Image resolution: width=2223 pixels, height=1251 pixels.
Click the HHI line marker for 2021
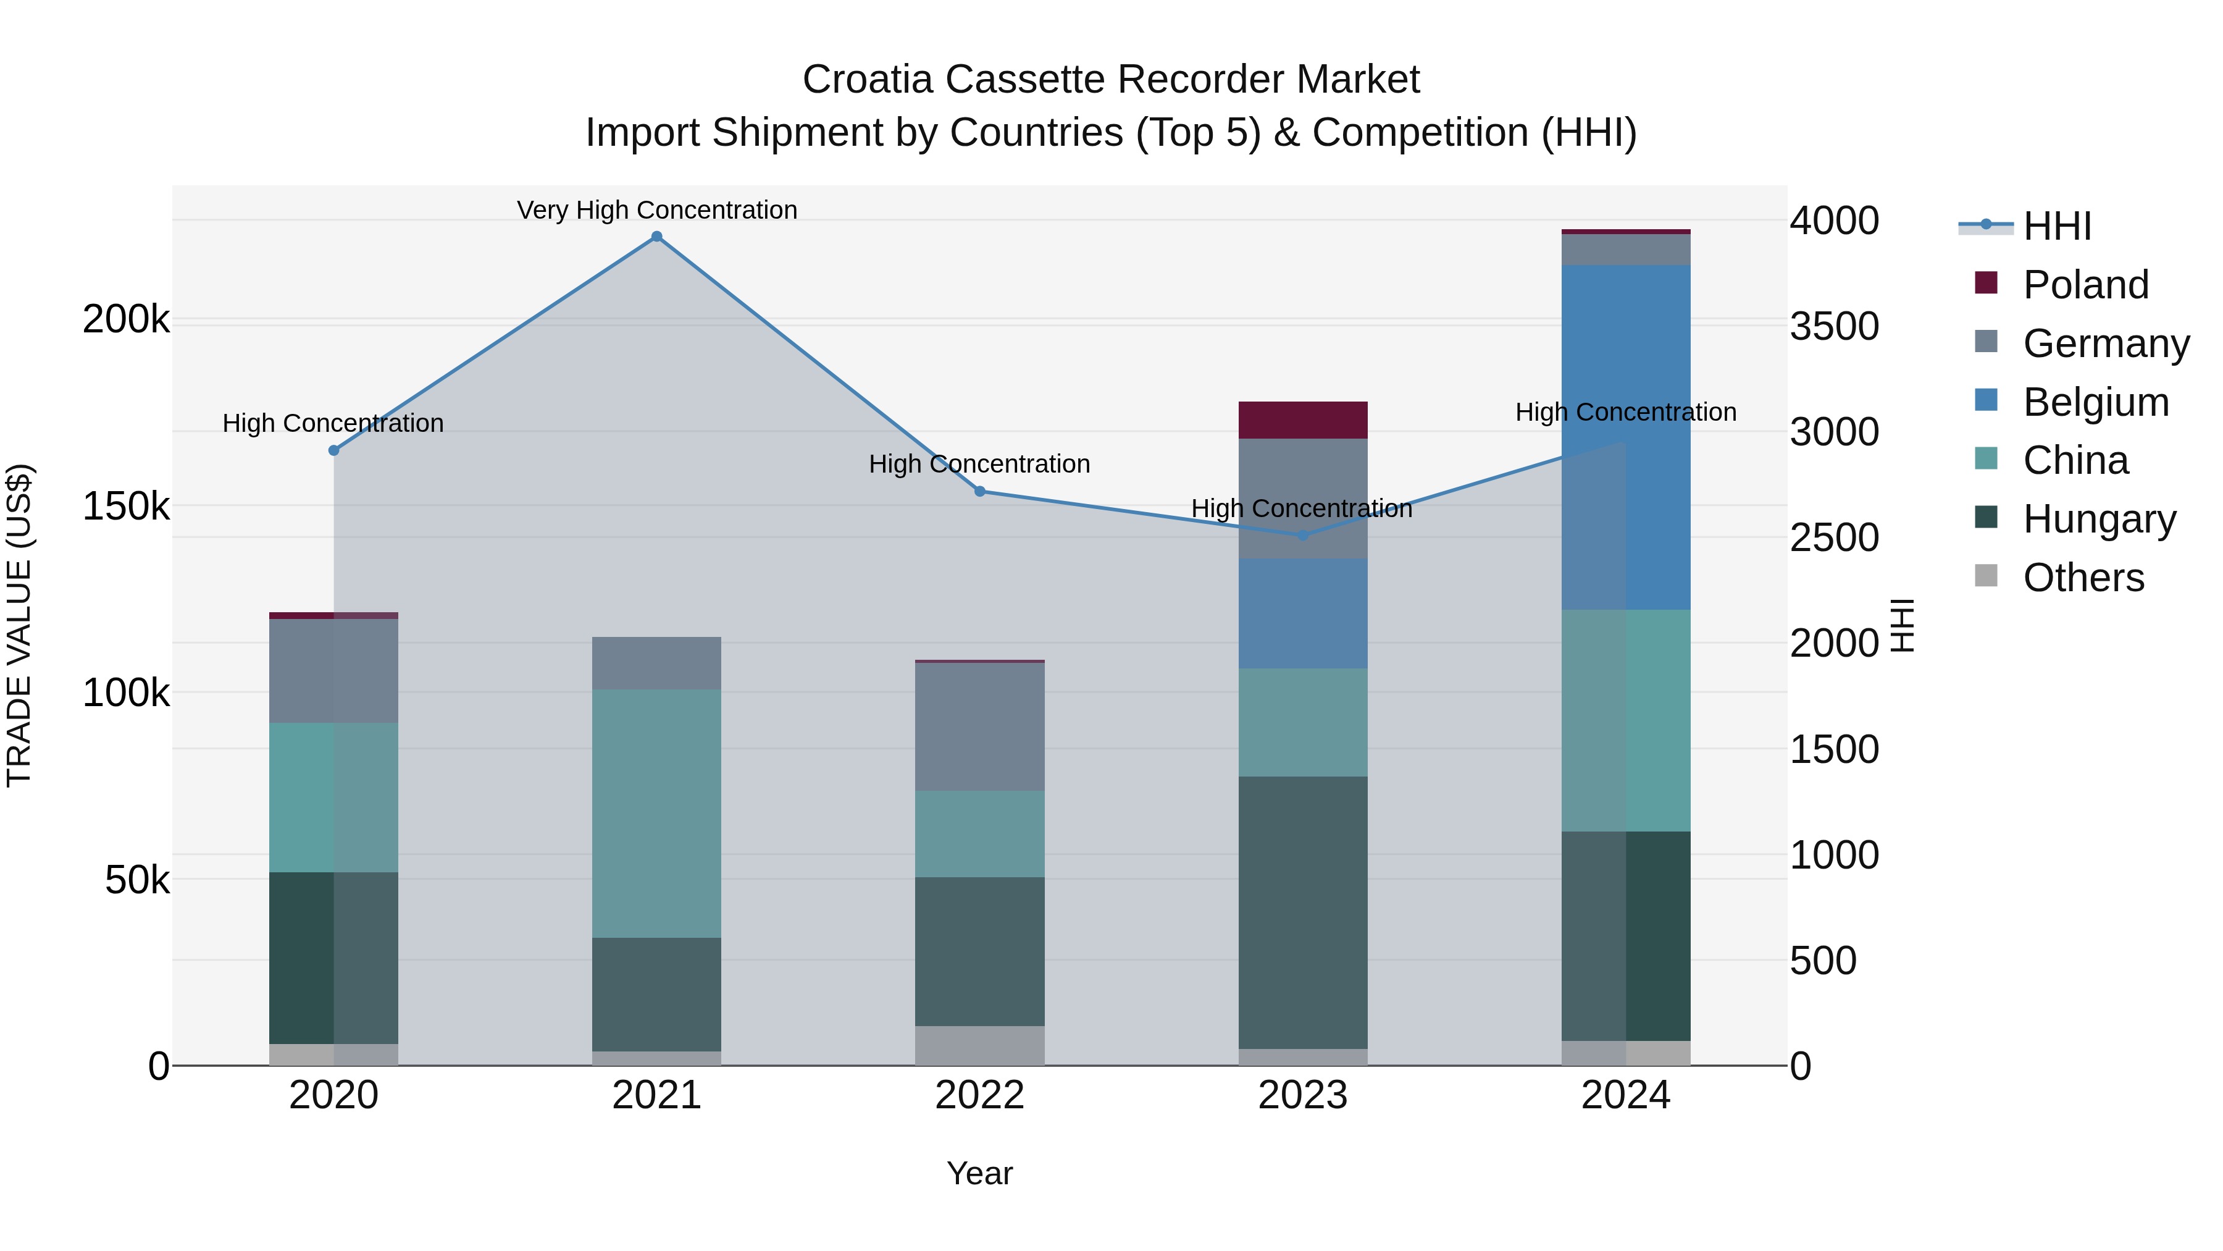click(657, 237)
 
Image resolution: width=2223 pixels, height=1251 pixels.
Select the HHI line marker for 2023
click(1303, 535)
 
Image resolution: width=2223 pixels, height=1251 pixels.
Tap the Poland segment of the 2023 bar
click(1303, 421)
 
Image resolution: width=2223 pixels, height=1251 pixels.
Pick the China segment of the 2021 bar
click(657, 813)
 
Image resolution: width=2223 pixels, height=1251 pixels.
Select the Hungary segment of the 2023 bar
click(1303, 912)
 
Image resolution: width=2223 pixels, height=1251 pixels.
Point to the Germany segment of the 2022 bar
click(979, 727)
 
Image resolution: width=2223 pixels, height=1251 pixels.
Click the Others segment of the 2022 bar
click(979, 1045)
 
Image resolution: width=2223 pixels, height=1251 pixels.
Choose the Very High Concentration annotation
click(657, 210)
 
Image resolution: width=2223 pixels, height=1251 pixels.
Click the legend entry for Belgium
click(2095, 402)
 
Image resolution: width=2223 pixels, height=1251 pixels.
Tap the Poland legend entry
click(2085, 285)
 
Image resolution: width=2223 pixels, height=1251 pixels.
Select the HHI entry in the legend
click(2056, 226)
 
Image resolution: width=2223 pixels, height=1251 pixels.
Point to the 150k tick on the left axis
click(126, 506)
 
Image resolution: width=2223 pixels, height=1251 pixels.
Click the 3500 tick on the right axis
click(1834, 326)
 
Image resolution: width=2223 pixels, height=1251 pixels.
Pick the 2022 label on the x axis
click(979, 1095)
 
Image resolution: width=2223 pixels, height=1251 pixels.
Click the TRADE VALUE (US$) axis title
click(19, 625)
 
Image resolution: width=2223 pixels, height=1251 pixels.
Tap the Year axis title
click(979, 1173)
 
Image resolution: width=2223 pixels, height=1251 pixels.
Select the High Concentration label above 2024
click(1626, 413)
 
